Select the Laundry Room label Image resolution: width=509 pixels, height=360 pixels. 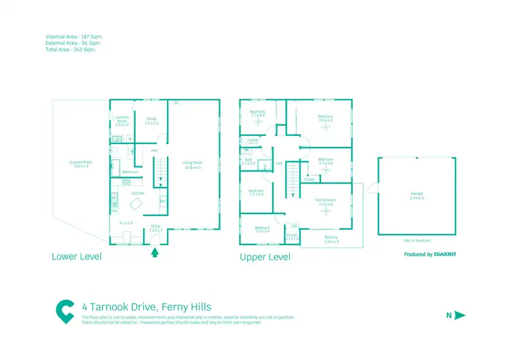pyautogui.click(x=122, y=121)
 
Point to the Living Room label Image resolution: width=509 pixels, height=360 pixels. pyautogui.click(x=192, y=164)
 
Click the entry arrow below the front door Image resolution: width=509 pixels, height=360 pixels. pyautogui.click(x=155, y=253)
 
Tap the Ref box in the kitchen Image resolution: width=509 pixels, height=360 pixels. pyautogui.click(x=163, y=201)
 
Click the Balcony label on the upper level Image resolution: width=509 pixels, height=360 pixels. pyautogui.click(x=331, y=239)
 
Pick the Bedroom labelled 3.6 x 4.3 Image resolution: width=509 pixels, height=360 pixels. pyautogui.click(x=326, y=118)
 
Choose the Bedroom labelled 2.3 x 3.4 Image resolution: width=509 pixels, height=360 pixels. pyautogui.click(x=263, y=230)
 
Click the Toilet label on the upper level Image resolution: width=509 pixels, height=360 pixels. pyautogui.click(x=252, y=141)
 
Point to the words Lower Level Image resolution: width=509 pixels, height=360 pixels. pyautogui.click(x=77, y=257)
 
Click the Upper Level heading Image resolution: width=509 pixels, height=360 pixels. pyautogui.click(x=265, y=257)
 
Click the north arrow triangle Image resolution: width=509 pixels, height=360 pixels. pyautogui.click(x=459, y=315)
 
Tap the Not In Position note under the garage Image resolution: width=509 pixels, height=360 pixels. pyautogui.click(x=417, y=240)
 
